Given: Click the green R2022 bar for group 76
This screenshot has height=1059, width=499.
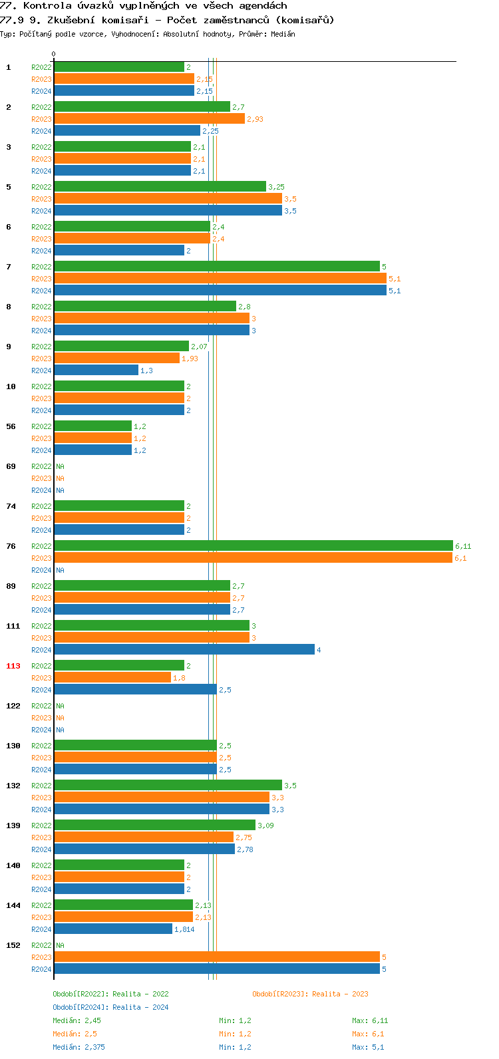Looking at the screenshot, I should click(253, 546).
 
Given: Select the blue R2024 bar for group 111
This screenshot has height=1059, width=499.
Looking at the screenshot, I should click(184, 650).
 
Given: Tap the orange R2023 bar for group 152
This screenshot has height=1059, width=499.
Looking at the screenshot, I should click(217, 957).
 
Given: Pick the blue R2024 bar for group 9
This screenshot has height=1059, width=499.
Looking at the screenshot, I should click(96, 371).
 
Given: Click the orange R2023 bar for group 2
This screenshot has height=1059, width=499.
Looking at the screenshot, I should click(150, 119).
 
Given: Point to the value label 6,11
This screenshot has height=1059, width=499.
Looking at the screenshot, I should click(463, 546).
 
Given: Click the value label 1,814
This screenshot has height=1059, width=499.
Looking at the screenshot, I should click(184, 929).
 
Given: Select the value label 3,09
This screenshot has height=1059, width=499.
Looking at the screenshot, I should click(265, 826).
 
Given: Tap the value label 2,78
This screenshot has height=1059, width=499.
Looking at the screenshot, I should click(244, 849).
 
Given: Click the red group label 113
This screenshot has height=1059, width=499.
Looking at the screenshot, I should click(13, 666).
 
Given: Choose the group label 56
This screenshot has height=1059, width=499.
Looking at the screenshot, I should click(11, 426).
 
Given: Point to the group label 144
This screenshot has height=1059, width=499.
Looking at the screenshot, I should click(13, 905).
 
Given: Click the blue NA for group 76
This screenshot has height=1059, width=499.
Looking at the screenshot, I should click(60, 570).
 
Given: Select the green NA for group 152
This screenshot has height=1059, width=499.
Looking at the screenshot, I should click(60, 945).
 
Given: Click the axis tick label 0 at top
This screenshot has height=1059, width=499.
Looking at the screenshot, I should click(54, 55).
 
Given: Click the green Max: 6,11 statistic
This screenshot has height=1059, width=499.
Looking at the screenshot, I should click(370, 1020).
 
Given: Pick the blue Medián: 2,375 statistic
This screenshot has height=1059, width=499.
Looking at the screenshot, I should click(79, 1047).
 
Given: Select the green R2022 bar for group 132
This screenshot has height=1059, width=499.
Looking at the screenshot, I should click(168, 786).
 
